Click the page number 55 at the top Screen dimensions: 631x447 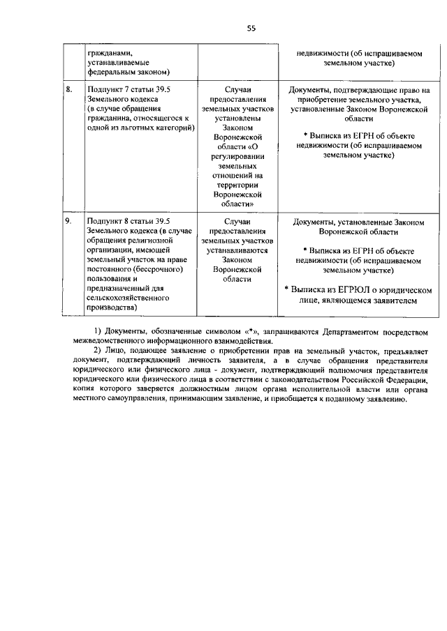pos(252,28)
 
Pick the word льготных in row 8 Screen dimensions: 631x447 pos(128,130)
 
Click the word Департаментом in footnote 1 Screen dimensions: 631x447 pos(332,329)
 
